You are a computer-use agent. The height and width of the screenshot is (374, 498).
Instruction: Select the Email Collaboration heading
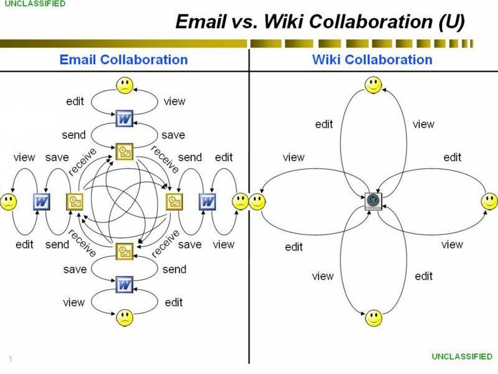(x=123, y=60)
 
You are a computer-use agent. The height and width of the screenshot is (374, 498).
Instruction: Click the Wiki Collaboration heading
(x=372, y=60)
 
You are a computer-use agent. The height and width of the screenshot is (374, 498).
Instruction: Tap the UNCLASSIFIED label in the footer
(x=462, y=356)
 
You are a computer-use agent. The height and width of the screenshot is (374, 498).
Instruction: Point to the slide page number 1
(x=11, y=358)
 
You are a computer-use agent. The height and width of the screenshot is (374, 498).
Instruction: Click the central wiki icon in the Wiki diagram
(x=373, y=201)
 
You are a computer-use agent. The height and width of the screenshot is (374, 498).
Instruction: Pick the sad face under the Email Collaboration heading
(x=125, y=85)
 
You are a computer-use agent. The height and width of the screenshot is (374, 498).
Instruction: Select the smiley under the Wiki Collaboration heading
(x=373, y=85)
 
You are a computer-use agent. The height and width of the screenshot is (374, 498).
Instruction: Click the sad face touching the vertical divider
(x=240, y=201)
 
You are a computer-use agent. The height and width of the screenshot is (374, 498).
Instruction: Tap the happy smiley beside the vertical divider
(x=257, y=201)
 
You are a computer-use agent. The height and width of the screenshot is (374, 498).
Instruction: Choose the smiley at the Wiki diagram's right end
(x=489, y=201)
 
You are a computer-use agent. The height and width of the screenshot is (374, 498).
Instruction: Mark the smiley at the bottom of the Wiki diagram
(x=373, y=318)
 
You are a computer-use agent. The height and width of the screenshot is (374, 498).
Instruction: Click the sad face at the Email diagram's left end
(x=9, y=201)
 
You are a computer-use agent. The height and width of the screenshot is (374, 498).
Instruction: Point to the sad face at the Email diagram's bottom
(x=125, y=318)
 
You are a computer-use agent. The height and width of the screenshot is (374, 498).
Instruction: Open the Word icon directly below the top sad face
(x=125, y=118)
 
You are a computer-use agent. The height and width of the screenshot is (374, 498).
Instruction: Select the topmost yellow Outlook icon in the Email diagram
(x=125, y=150)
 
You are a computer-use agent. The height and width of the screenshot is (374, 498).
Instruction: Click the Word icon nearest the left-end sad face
(x=41, y=201)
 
